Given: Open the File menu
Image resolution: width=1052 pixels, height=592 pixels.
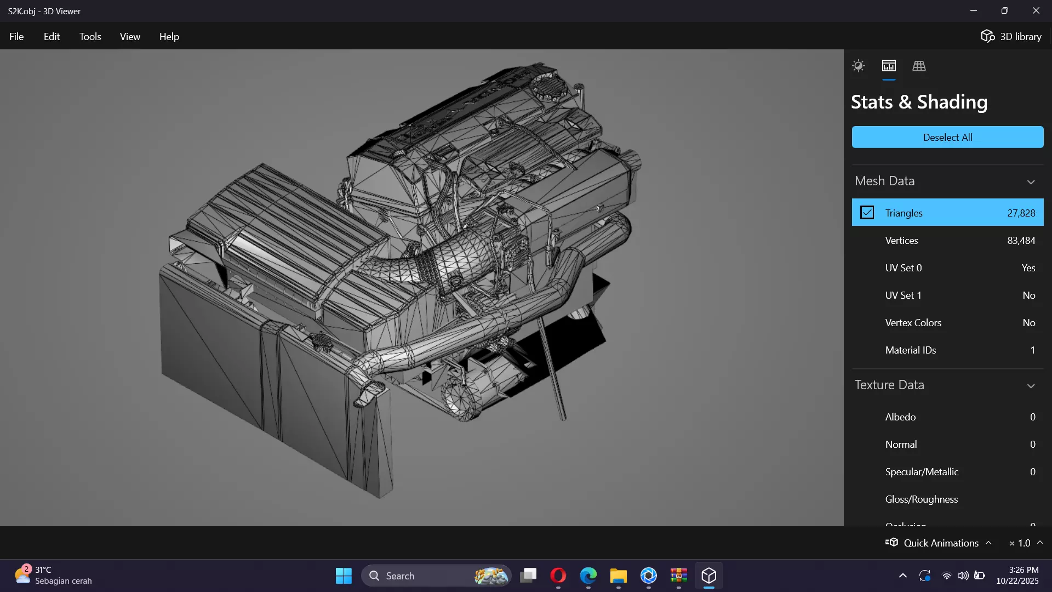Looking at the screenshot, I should point(16,37).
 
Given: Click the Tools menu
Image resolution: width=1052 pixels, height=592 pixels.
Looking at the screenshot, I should point(90,37).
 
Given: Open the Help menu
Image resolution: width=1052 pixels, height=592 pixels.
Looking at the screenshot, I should point(169,37).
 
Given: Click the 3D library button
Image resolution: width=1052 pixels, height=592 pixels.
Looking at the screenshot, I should point(1011,37).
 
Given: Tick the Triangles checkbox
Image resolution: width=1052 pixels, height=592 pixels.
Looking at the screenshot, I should point(867,213).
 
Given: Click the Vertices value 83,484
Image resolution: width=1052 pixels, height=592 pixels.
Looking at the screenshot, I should point(1021,241).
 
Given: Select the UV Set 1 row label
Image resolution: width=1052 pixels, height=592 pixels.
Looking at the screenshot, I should point(903,295).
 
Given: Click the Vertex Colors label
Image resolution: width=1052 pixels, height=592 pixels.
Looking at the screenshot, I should point(913,323).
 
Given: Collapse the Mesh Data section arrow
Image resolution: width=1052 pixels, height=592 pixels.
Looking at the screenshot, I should point(1031,182).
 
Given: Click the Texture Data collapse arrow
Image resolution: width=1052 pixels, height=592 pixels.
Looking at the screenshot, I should point(1031,386).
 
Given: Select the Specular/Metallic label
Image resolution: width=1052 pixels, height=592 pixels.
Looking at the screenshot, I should point(922,472).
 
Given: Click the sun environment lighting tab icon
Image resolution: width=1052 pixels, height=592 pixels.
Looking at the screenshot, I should point(858,66).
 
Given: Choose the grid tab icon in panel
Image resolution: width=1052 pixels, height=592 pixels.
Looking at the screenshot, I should point(919,66).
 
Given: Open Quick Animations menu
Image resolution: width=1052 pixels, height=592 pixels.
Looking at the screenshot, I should point(940,543).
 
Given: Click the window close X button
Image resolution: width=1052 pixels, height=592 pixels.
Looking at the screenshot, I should point(1036,11).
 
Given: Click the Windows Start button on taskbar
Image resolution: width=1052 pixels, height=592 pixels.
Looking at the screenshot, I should point(344,576).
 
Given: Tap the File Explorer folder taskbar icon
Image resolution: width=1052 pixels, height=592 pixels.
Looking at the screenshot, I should point(618,576).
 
